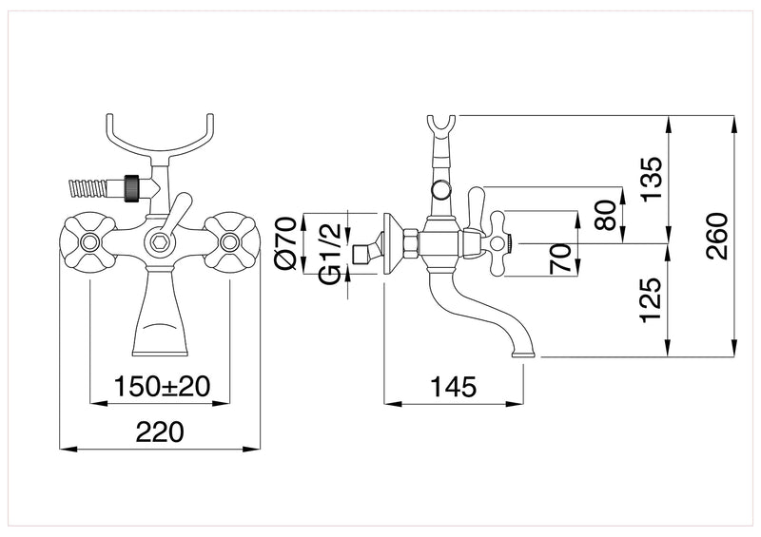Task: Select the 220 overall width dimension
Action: (160, 432)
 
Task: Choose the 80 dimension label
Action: (602, 213)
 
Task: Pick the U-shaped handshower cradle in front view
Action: (160, 133)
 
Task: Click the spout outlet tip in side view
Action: (524, 355)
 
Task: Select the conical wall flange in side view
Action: (389, 243)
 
